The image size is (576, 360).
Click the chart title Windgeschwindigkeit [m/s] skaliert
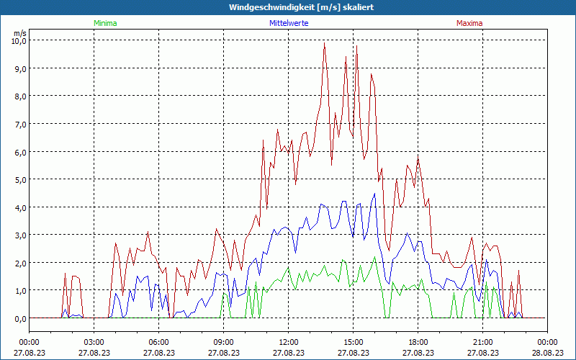287,7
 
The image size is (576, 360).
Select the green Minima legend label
105,23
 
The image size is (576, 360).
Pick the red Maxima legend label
469,23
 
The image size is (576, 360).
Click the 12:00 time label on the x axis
288,342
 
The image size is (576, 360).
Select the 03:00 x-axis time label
94,342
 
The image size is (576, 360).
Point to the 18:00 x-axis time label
418,342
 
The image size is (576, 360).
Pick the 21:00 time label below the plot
482,342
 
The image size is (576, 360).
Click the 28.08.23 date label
547,353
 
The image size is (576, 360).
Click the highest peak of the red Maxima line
325,42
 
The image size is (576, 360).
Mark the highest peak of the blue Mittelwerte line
374,193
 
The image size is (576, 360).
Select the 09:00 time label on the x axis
223,342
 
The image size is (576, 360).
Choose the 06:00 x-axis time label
159,342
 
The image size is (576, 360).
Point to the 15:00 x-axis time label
353,342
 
